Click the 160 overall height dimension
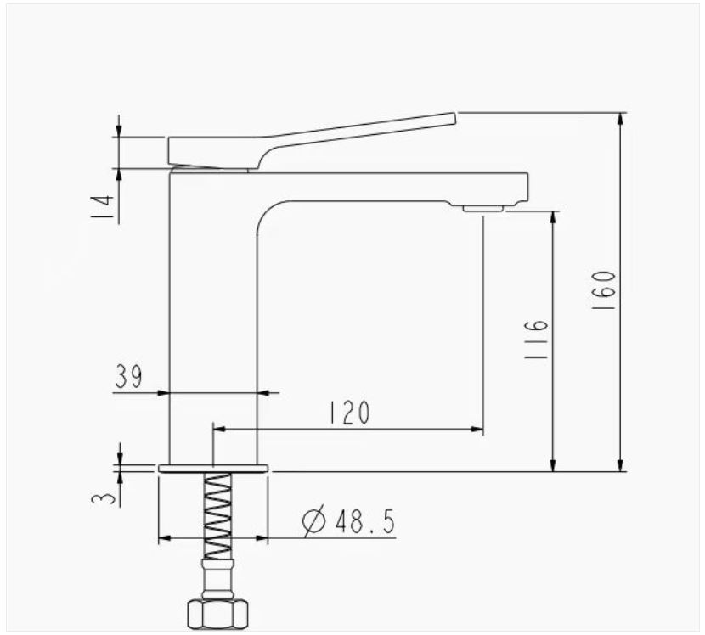coord(603,289)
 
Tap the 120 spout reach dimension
coord(349,413)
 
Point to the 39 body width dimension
coord(128,376)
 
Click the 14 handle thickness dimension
coord(102,207)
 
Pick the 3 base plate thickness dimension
coord(103,499)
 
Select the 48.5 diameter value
coord(364,522)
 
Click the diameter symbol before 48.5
coord(313,521)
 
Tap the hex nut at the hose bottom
coord(217,614)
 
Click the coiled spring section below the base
coord(218,516)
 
